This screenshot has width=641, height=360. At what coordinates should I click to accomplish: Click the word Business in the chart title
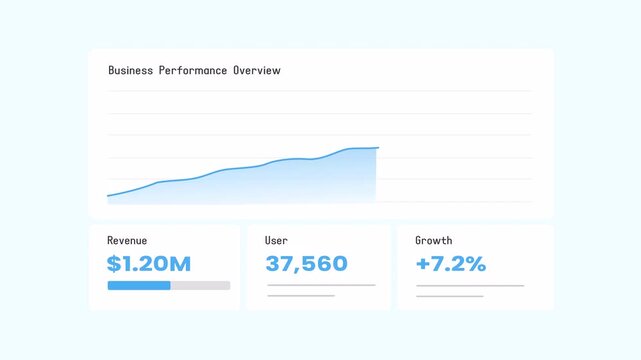131,71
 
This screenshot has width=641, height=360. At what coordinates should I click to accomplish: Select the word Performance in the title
193,71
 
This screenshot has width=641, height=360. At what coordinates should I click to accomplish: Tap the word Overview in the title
257,71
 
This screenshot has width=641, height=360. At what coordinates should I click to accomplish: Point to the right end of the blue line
378,148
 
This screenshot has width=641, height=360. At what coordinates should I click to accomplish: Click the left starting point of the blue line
108,196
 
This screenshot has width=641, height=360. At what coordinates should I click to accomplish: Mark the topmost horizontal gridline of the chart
320,91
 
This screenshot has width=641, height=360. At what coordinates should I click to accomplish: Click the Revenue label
127,241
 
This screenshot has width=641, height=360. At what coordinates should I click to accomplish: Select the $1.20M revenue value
149,264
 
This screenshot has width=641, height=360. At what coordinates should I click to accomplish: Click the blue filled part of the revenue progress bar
139,285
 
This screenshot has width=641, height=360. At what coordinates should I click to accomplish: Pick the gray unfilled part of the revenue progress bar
200,285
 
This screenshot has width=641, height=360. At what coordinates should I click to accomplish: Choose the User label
276,241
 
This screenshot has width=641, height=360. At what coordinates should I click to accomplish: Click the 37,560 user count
306,264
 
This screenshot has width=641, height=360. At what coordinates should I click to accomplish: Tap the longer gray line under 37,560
321,285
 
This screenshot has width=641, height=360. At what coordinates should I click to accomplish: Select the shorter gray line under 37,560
301,296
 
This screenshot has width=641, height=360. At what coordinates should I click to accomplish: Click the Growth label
434,241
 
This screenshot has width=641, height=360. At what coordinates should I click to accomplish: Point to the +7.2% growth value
451,264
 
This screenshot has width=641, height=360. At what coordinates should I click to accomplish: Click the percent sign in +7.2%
476,264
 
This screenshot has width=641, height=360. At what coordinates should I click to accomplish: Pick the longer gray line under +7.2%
469,285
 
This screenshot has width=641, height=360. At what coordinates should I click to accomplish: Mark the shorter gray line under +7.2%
449,296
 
